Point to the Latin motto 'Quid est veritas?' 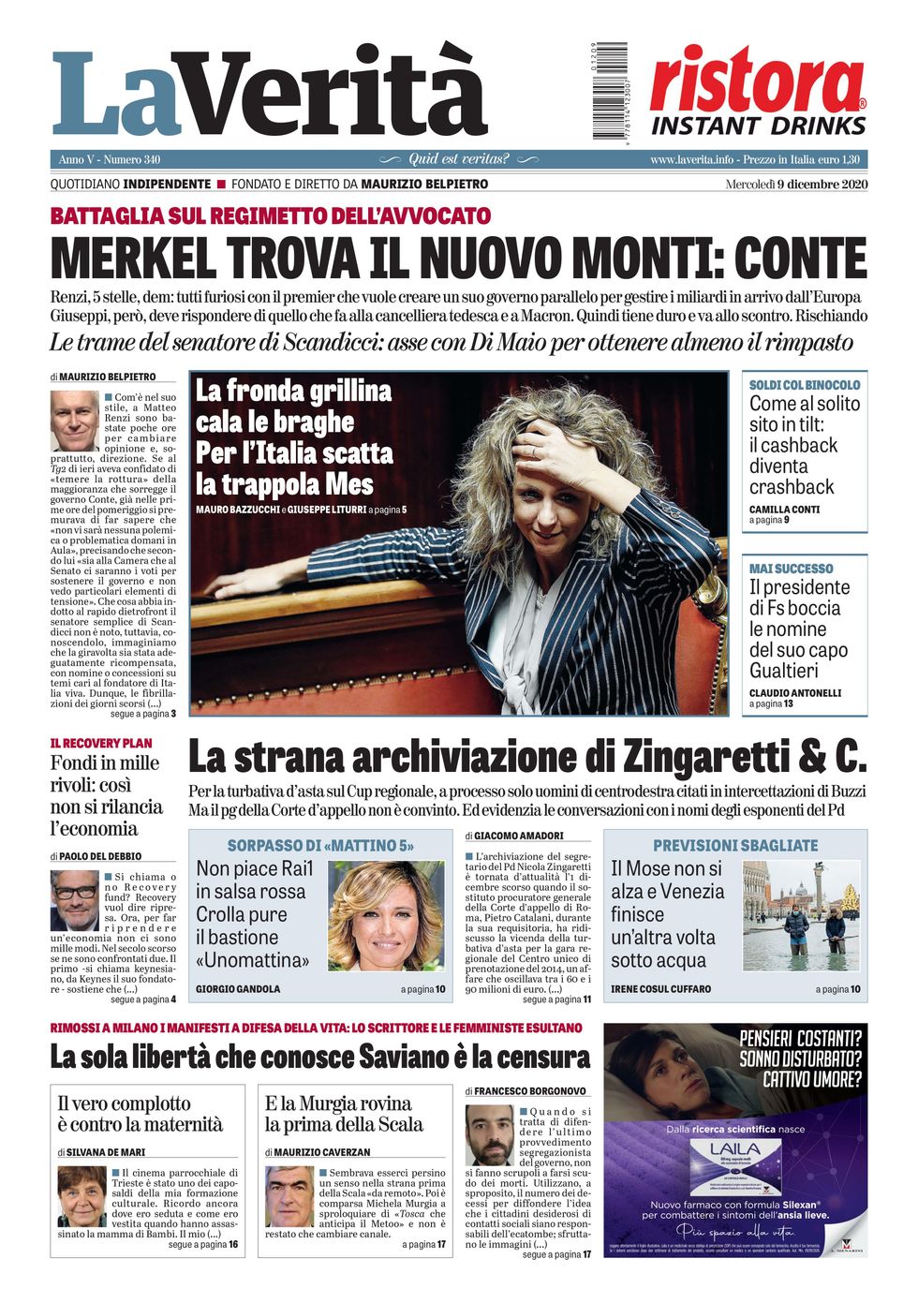tap(458, 159)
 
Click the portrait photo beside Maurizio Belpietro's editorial tap(74, 421)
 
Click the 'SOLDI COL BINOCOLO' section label tap(804, 385)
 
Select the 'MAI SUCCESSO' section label tap(791, 569)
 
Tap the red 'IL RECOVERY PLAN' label tap(101, 743)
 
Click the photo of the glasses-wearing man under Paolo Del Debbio tap(74, 900)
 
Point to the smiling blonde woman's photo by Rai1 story tap(386, 916)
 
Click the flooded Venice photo tap(801, 916)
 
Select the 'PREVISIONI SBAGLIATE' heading tap(734, 845)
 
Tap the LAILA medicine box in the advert tap(734, 1167)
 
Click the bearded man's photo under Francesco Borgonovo tap(489, 1134)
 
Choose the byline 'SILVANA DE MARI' tap(106, 1152)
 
